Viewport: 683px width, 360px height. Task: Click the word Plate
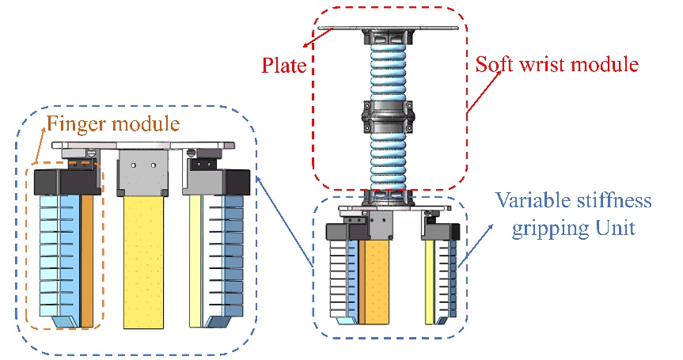click(284, 65)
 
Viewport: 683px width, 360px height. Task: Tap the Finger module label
click(113, 124)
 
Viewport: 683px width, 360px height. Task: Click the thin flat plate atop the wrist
click(388, 29)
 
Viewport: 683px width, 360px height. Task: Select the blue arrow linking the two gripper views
click(286, 223)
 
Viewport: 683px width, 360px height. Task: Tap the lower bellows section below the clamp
click(388, 158)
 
